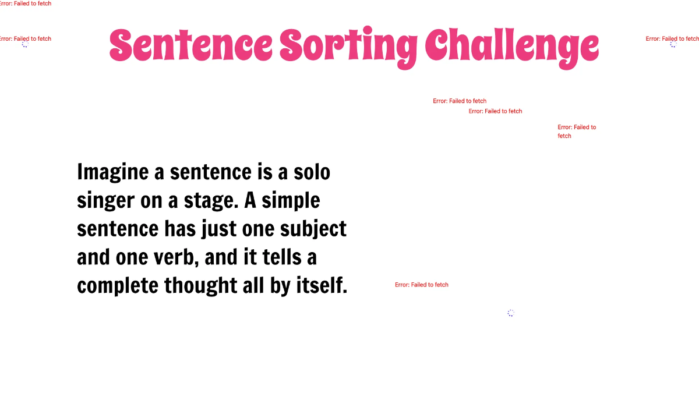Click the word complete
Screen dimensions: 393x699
(x=117, y=285)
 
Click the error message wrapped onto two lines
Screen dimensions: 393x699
(x=576, y=131)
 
